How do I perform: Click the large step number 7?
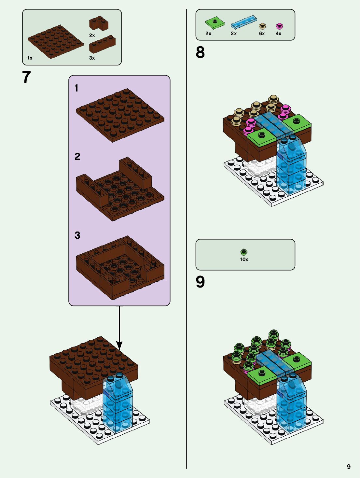(x=26, y=77)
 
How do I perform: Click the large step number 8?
(x=200, y=52)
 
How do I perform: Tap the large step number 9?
(x=200, y=282)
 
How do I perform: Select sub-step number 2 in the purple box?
(x=77, y=157)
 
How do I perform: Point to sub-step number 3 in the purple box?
(x=77, y=235)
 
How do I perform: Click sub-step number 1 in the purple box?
(x=76, y=88)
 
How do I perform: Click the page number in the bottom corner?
(x=349, y=467)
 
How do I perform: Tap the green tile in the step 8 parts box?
(x=215, y=22)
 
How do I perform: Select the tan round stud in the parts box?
(x=263, y=26)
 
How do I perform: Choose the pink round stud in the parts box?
(x=279, y=26)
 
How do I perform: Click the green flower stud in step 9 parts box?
(x=244, y=252)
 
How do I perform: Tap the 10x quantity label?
(x=244, y=260)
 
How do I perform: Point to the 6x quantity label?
(x=262, y=34)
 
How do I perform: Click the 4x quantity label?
(x=278, y=34)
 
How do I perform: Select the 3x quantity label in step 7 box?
(x=92, y=58)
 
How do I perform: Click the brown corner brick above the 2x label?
(x=99, y=23)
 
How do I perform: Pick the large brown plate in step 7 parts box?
(x=55, y=41)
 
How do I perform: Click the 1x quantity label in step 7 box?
(x=30, y=58)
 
